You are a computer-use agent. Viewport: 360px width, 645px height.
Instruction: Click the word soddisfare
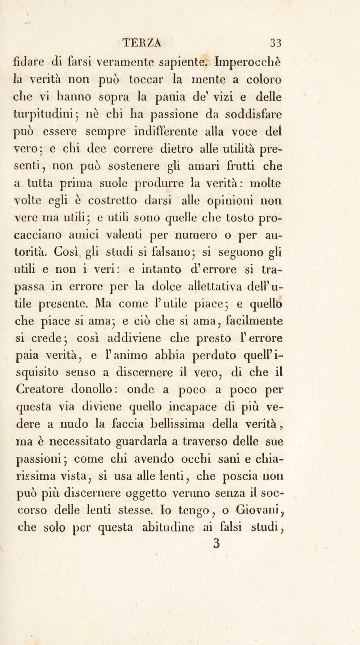[x=299, y=103]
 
